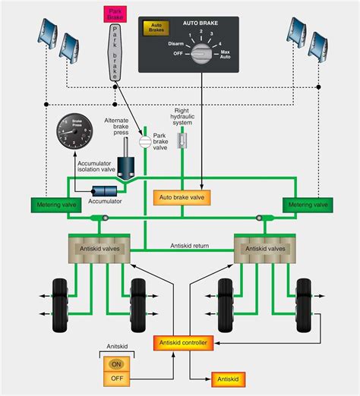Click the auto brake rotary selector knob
201,52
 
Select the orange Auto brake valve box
182,196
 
